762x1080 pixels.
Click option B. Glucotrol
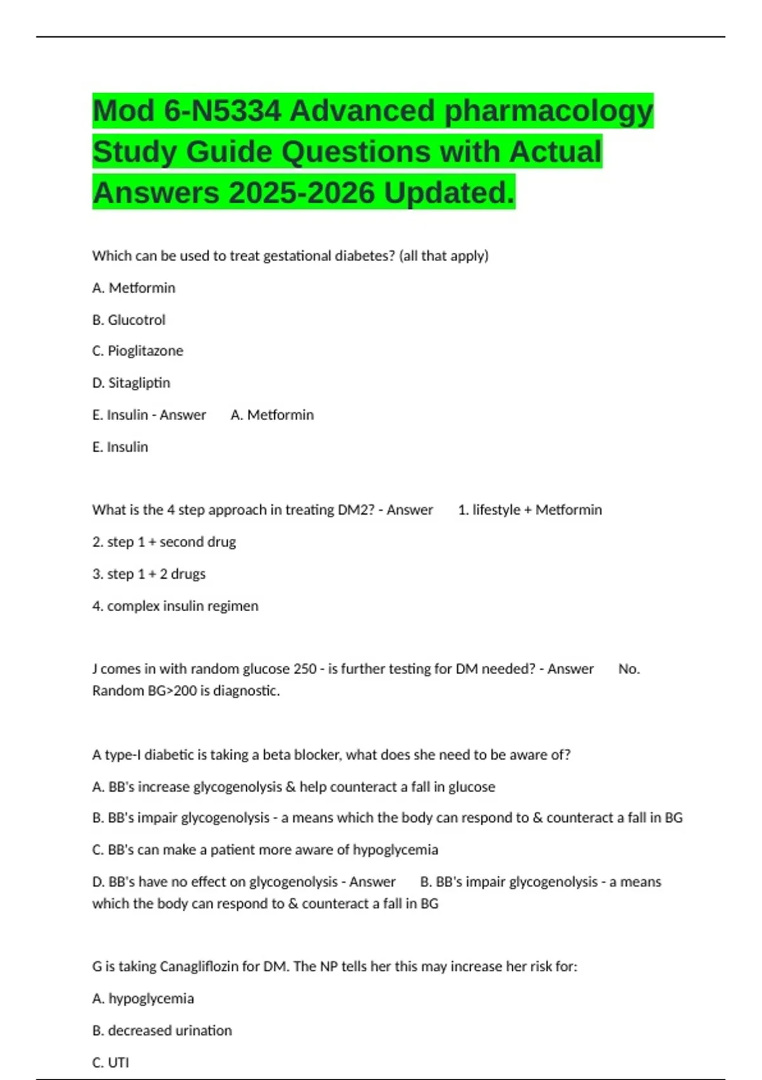coord(129,320)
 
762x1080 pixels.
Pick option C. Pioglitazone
coord(138,351)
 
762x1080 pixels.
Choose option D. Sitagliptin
coord(131,382)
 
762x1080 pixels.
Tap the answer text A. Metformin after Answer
coord(272,415)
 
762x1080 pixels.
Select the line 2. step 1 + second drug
coord(164,542)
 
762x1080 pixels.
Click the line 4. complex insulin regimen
coord(175,605)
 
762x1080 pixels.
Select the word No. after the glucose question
coord(629,668)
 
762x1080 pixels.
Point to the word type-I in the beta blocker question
coord(123,755)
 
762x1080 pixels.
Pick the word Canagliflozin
coord(199,966)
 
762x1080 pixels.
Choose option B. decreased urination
coord(162,1030)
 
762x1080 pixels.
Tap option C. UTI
coord(110,1062)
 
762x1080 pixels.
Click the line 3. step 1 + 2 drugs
coord(149,574)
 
